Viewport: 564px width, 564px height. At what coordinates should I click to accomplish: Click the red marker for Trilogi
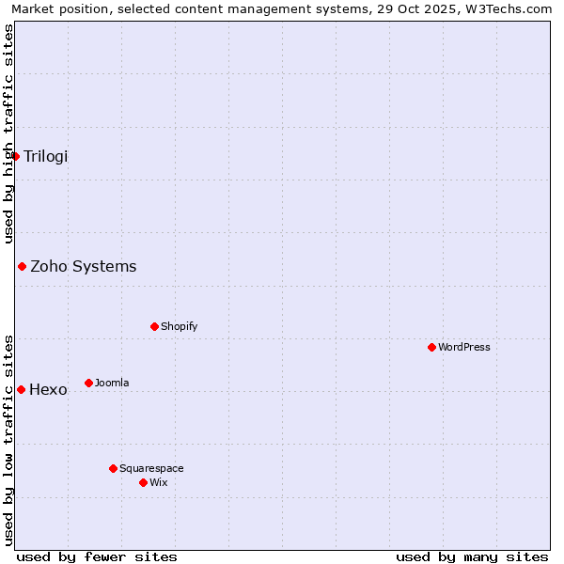(x=16, y=156)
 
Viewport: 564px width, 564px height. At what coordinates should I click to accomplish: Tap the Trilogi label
(x=45, y=156)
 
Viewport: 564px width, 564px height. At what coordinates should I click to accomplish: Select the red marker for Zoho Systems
(x=22, y=266)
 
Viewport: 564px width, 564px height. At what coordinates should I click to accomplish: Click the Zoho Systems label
(x=83, y=266)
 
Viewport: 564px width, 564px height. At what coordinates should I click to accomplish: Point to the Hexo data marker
(x=21, y=389)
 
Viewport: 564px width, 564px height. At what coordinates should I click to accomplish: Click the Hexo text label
(x=48, y=389)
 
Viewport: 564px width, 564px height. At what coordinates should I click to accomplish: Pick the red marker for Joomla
(x=88, y=383)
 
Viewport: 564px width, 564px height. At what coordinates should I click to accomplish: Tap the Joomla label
(x=112, y=383)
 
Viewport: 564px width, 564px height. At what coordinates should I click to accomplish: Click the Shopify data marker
(x=154, y=326)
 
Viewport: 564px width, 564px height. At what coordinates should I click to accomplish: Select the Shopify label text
(x=179, y=326)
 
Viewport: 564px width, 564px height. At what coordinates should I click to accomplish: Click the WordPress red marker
(x=431, y=347)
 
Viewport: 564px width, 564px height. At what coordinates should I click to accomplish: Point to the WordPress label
(x=463, y=347)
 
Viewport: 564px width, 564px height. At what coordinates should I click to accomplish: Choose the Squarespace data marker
(x=113, y=468)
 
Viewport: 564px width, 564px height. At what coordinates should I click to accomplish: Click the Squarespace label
(x=151, y=468)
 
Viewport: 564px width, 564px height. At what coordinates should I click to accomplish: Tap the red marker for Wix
(x=143, y=482)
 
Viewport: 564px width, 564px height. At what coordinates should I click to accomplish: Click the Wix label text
(x=158, y=482)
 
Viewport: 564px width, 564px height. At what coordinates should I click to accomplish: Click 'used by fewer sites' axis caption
(x=97, y=556)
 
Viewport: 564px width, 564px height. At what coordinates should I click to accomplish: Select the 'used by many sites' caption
(x=472, y=556)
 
